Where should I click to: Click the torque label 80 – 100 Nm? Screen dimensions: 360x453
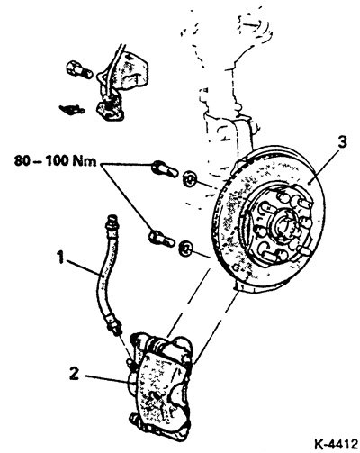pos(55,161)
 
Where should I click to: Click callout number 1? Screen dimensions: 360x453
pos(61,258)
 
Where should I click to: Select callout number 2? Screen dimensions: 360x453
pos(74,374)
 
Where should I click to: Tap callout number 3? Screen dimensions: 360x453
pos(342,142)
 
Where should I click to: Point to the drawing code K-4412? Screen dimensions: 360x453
pos(337,444)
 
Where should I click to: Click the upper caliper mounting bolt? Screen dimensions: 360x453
pos(165,169)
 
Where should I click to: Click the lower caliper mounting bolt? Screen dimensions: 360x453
pos(161,239)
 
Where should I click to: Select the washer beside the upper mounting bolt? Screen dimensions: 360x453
pos(190,178)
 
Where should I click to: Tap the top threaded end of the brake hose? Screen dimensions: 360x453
pos(113,222)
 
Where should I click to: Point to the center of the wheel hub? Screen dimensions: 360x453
pos(283,224)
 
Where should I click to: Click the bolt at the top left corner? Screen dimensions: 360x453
pos(79,69)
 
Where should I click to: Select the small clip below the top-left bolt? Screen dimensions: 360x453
pos(72,109)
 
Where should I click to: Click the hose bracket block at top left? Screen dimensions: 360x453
pos(111,108)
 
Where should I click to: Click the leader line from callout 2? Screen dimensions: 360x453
pos(107,379)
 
